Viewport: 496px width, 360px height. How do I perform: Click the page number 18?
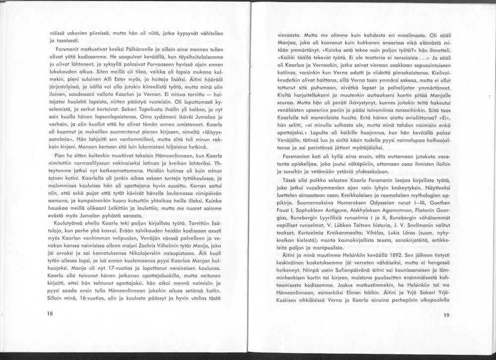point(50,313)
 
